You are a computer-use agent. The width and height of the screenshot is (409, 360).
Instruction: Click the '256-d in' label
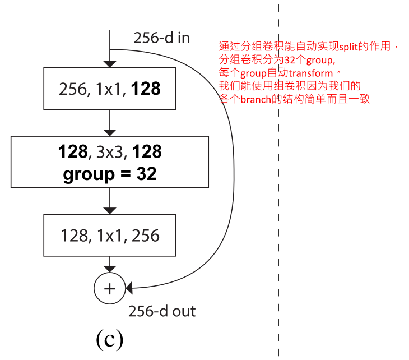(161, 38)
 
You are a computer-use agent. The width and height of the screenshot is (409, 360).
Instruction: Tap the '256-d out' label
(162, 311)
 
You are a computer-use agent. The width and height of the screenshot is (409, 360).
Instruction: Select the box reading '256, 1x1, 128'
(109, 89)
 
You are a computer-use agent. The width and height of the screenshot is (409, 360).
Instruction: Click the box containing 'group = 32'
(109, 162)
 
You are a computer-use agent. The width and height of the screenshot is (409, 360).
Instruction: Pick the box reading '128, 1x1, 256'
(109, 236)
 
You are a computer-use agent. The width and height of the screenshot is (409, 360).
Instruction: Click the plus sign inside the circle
(110, 288)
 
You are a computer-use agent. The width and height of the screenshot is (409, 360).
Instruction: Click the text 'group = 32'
(110, 174)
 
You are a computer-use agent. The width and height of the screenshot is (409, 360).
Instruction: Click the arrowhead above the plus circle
(110, 268)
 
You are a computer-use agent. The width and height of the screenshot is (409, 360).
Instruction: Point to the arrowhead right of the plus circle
(129, 288)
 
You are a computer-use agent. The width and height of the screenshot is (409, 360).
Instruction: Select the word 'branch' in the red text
(256, 100)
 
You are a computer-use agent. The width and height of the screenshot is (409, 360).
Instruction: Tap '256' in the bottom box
(145, 236)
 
